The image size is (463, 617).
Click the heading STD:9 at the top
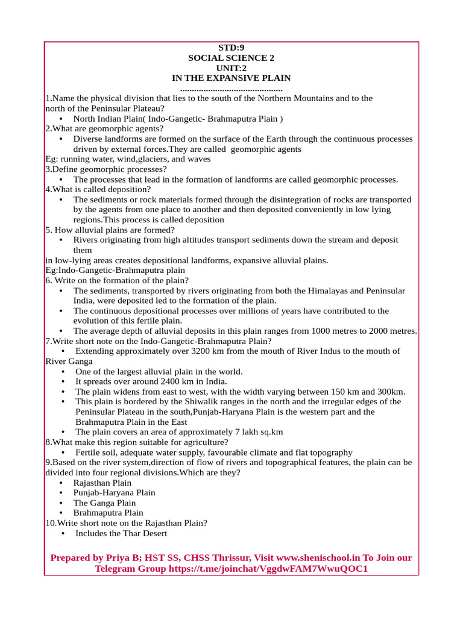pyautogui.click(x=231, y=48)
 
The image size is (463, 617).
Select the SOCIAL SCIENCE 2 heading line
pyautogui.click(x=231, y=58)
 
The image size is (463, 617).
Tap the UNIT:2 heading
pyautogui.click(x=231, y=68)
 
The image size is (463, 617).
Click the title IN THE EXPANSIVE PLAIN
pyautogui.click(x=231, y=78)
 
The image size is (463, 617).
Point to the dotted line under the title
pyautogui.click(x=231, y=89)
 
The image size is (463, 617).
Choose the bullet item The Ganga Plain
pyautogui.click(x=104, y=503)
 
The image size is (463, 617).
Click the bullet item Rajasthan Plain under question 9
pyautogui.click(x=102, y=483)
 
